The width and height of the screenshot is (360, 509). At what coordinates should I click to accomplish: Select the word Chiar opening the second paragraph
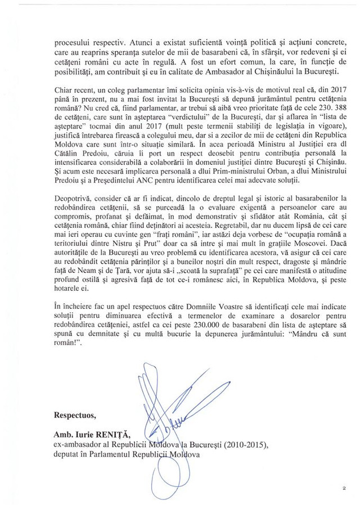pyautogui.click(x=64, y=91)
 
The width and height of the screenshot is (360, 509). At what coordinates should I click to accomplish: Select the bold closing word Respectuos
pyautogui.click(x=75, y=416)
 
